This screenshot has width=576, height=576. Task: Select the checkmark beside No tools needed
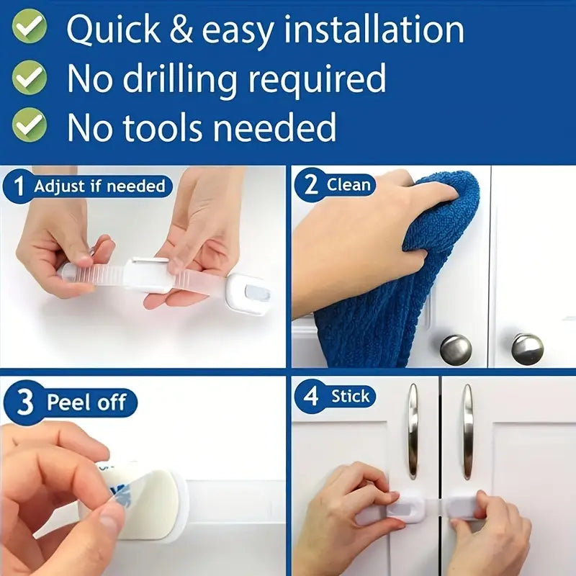30,125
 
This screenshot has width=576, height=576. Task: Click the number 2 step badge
310,184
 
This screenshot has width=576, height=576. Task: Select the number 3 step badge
24,402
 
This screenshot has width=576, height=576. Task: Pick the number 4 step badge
310,397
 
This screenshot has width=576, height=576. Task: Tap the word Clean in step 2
348,184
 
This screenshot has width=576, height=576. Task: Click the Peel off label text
86,402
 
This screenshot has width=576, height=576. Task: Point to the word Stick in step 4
350,396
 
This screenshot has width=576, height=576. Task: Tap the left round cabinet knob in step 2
456,349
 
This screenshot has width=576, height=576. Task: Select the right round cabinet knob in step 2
527,348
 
